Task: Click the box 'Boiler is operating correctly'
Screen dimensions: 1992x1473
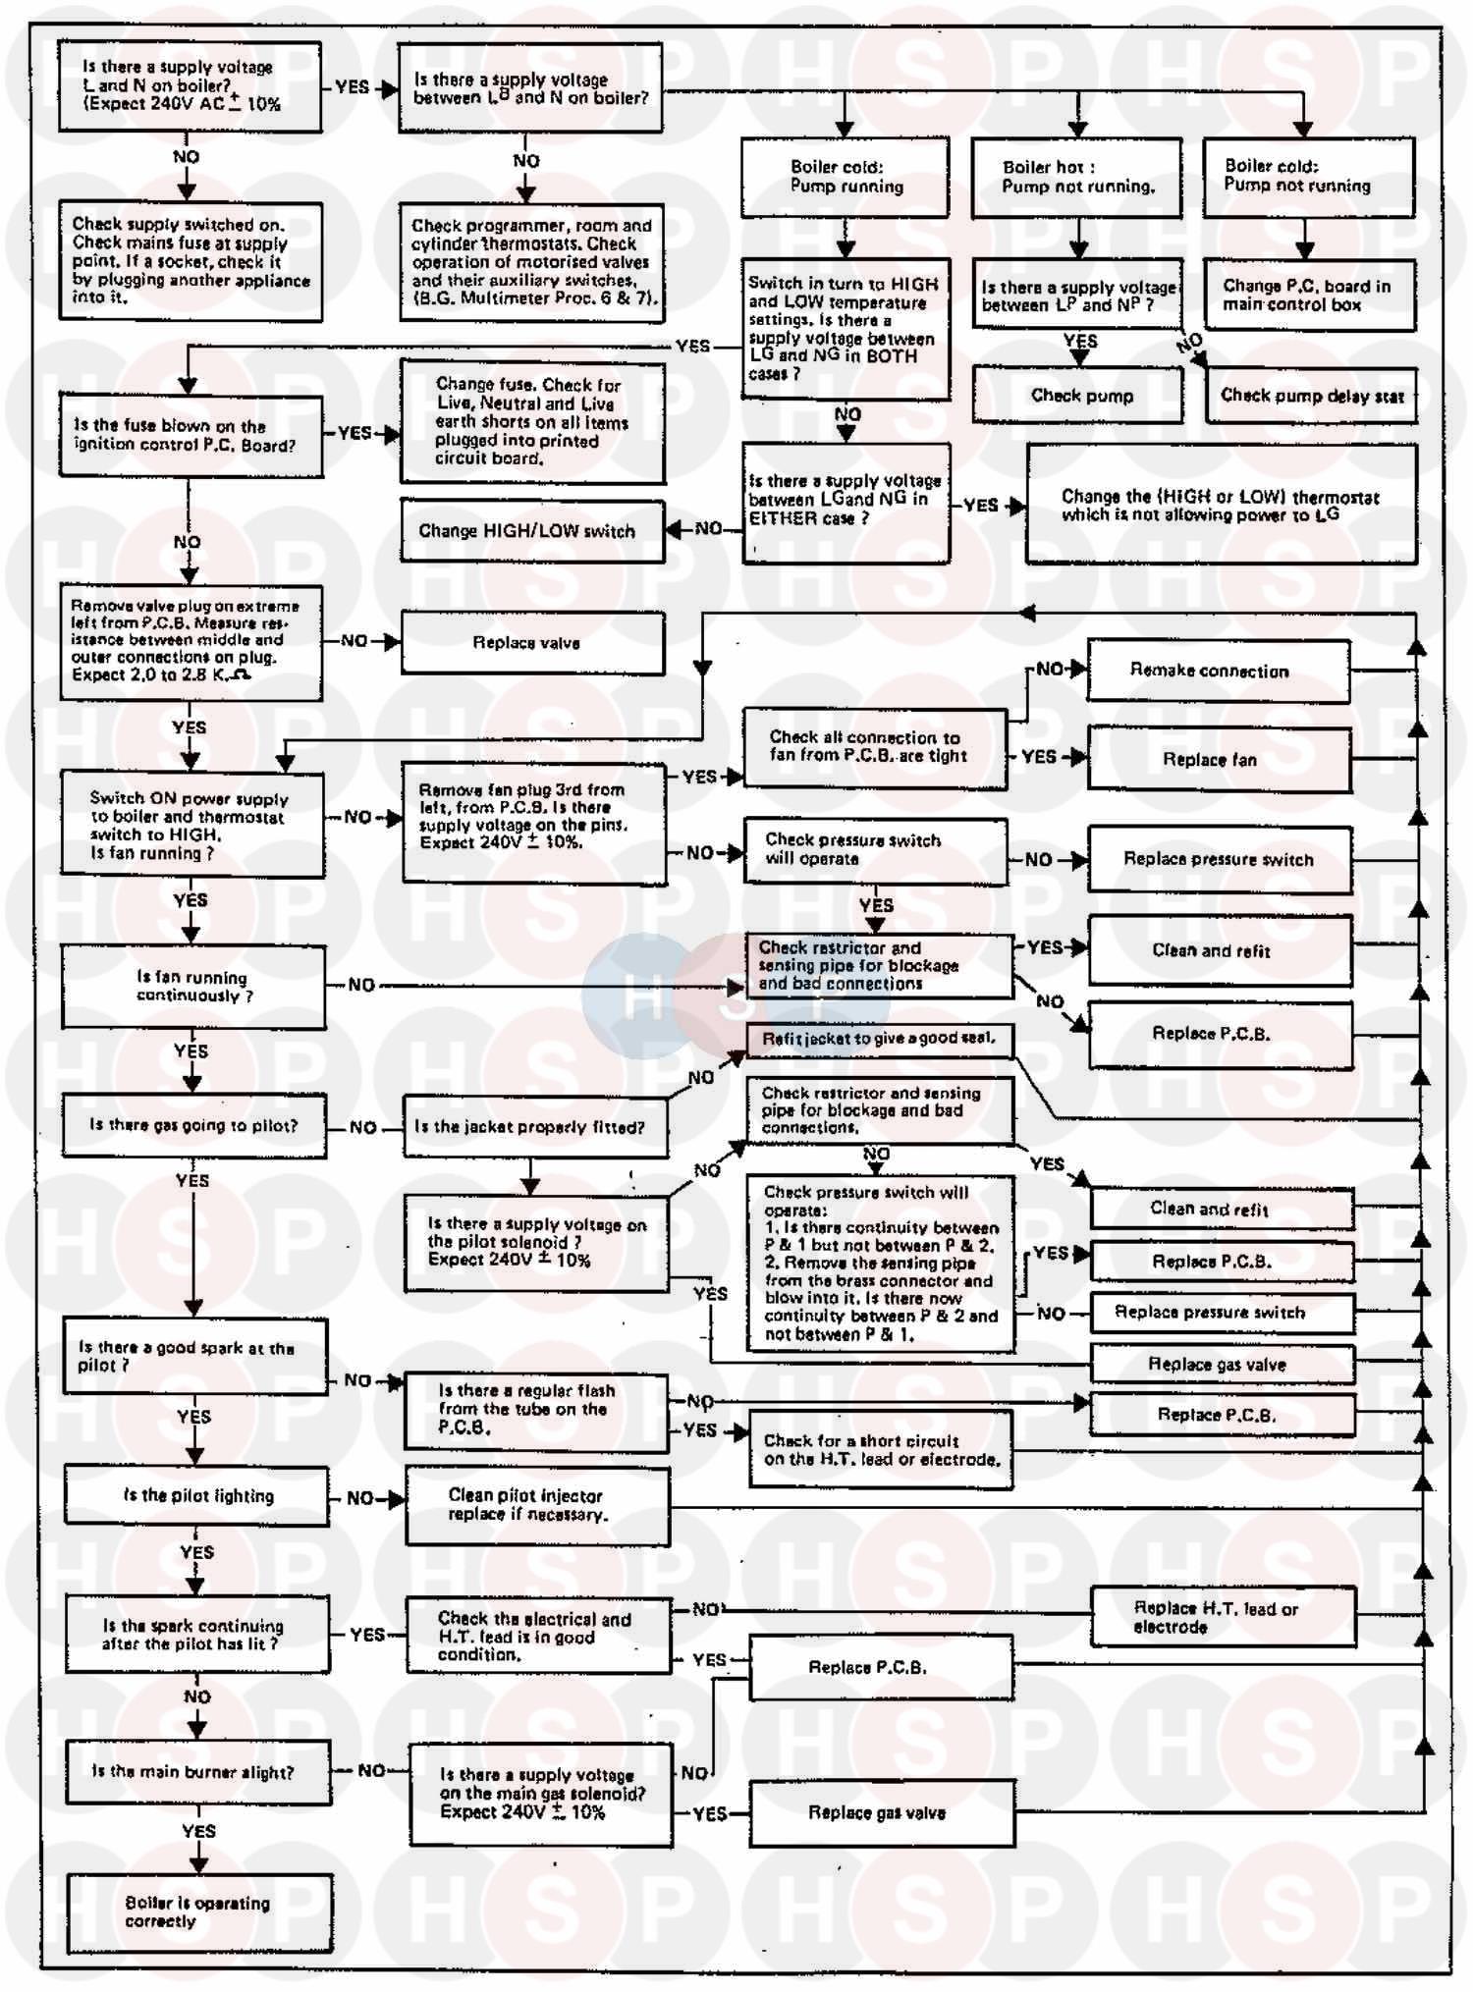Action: [x=198, y=1912]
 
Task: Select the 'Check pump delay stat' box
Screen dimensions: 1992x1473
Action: [x=1311, y=396]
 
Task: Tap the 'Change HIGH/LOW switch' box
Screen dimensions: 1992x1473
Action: [x=531, y=530]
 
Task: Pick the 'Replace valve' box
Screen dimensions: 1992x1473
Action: [x=532, y=643]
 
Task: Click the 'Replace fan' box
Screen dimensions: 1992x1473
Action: [x=1218, y=759]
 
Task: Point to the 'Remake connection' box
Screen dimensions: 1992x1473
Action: [x=1218, y=671]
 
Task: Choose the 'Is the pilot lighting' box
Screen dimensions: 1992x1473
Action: [x=196, y=1495]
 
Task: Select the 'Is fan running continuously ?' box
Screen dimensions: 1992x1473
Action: [x=193, y=987]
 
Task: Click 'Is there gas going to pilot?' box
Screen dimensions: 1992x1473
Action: [x=193, y=1125]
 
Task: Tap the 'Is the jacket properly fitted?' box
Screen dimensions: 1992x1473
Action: [x=535, y=1127]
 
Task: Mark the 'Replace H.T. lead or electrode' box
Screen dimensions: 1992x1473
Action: [x=1223, y=1617]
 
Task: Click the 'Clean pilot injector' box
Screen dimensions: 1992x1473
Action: [x=537, y=1505]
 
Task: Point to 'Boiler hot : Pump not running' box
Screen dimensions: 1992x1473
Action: [x=1076, y=177]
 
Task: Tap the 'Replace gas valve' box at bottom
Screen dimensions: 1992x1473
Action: [x=881, y=1812]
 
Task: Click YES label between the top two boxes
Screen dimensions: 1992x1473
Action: [x=352, y=86]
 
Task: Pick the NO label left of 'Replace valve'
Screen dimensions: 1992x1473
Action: [x=354, y=641]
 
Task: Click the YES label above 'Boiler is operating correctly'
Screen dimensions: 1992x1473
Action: [x=198, y=1831]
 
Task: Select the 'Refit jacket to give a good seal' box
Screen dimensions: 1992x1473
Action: [x=879, y=1039]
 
